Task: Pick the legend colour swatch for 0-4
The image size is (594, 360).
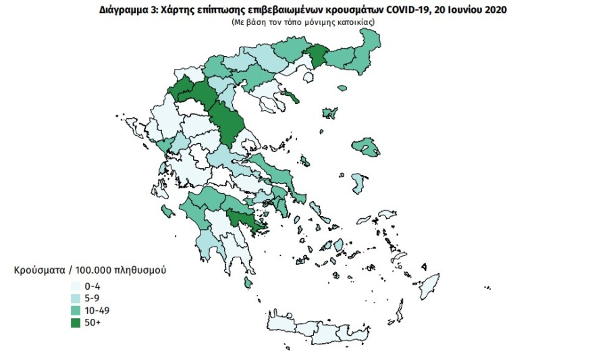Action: [75, 286]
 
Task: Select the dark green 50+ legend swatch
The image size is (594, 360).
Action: [75, 323]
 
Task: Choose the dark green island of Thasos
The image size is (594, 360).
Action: [291, 97]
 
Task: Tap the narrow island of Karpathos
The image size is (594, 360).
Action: [400, 312]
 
